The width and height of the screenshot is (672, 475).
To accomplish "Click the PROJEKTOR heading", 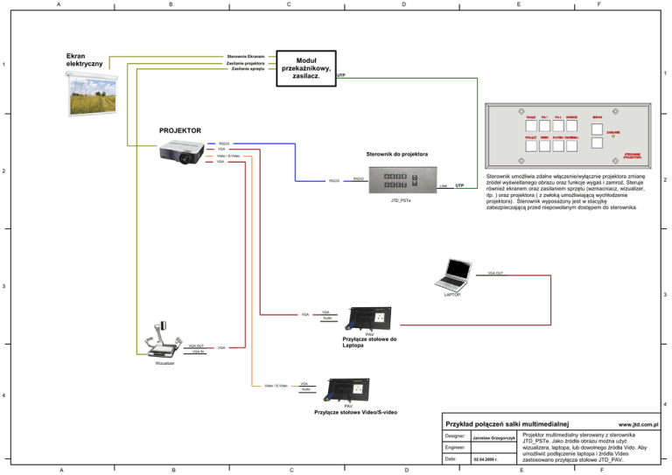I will (x=179, y=131).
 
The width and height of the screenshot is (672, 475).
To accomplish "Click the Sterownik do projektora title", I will (x=397, y=155).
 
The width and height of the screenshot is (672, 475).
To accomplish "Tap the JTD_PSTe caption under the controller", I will (x=399, y=201).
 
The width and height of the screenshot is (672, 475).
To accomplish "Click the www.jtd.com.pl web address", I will (x=636, y=422).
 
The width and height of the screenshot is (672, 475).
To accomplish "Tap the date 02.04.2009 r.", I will (x=484, y=459).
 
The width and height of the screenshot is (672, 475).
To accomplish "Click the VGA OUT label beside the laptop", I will (x=495, y=273).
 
